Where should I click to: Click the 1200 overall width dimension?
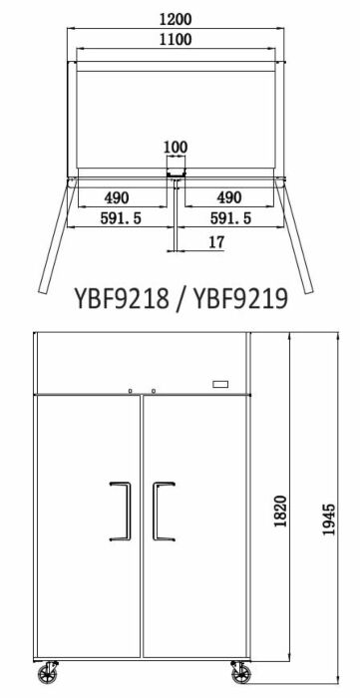click(x=176, y=19)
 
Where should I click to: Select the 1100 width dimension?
click(x=176, y=40)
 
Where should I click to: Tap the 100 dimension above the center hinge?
click(x=176, y=148)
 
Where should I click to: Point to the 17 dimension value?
click(x=215, y=242)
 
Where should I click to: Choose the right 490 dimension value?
click(x=230, y=197)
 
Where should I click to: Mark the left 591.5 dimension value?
click(x=120, y=217)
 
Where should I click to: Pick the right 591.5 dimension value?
click(x=230, y=217)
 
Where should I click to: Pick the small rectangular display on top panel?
click(x=220, y=385)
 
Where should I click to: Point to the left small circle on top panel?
click(x=130, y=389)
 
